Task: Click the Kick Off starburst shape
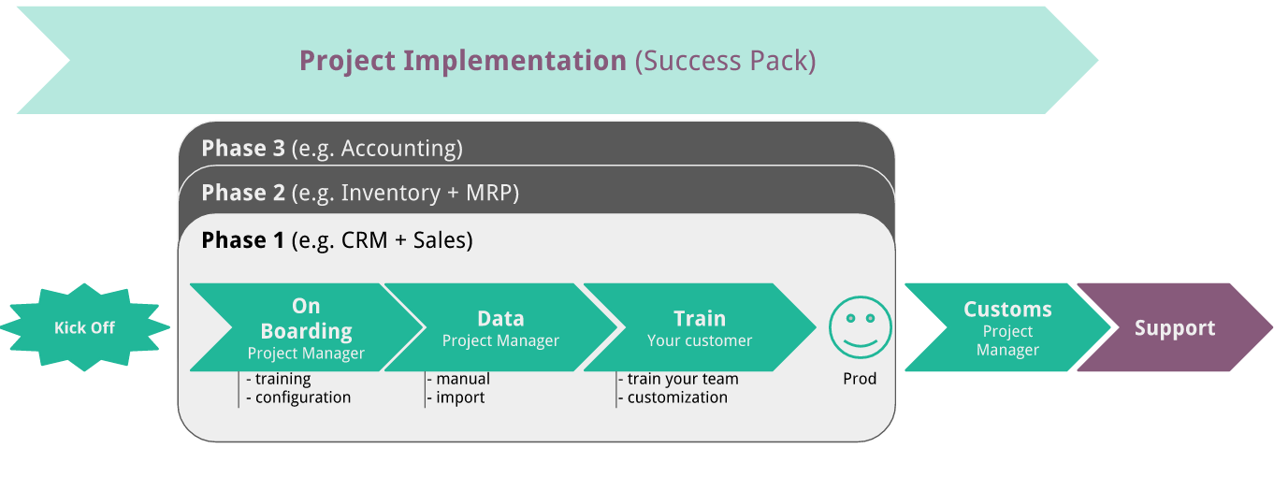[84, 328]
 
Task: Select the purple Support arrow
[1175, 328]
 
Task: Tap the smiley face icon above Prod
[860, 327]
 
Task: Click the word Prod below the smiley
[860, 379]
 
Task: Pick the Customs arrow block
[1006, 328]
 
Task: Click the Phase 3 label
[243, 148]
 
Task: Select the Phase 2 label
[243, 193]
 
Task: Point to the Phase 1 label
[243, 240]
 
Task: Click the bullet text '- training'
[278, 379]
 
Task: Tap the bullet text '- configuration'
[298, 397]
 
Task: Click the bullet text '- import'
[456, 397]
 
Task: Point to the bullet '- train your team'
[678, 379]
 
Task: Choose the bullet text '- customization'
[673, 397]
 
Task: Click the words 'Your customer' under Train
[700, 340]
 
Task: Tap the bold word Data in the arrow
[500, 318]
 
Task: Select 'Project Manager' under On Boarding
[306, 354]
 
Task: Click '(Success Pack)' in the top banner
[726, 61]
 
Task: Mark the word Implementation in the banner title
[514, 61]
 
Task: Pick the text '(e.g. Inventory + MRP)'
[405, 193]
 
